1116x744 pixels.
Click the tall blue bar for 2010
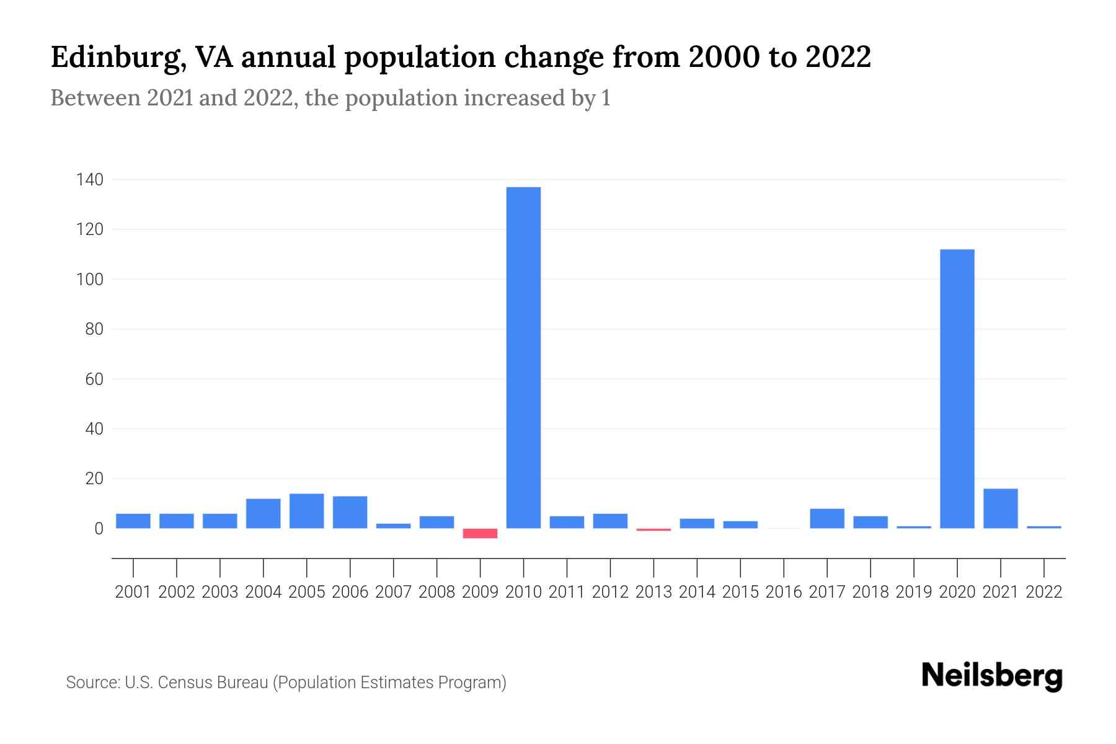pos(523,358)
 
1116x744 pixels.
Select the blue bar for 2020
pos(957,389)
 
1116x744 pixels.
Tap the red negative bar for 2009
pos(480,533)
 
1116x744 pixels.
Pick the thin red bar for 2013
pos(653,529)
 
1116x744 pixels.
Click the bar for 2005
pos(306,511)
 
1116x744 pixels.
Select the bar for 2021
pos(1001,508)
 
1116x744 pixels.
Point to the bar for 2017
pos(827,518)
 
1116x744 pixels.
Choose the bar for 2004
pos(263,513)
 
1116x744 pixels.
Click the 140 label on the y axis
pos(89,180)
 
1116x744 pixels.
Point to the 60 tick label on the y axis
pos(94,379)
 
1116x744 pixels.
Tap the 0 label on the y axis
pos(98,529)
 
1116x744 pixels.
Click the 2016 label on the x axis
pos(784,592)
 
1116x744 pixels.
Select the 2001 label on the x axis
pos(133,592)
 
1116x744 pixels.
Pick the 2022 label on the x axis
pos(1044,592)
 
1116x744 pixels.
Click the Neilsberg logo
pos(992,676)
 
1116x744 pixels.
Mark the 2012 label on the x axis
pos(610,592)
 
